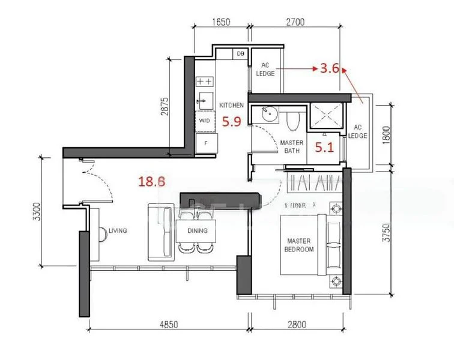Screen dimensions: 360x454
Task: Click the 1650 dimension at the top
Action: click(x=222, y=23)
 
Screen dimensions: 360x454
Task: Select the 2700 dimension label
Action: click(x=295, y=23)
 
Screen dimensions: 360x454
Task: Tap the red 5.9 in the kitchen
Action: click(x=232, y=122)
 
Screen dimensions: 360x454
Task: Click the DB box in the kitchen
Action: click(x=241, y=54)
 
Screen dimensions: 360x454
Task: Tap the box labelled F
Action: click(x=205, y=143)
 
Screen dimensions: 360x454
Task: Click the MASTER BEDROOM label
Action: click(x=298, y=245)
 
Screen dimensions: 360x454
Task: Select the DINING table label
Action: click(x=197, y=230)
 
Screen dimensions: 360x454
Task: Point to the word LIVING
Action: click(x=118, y=230)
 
